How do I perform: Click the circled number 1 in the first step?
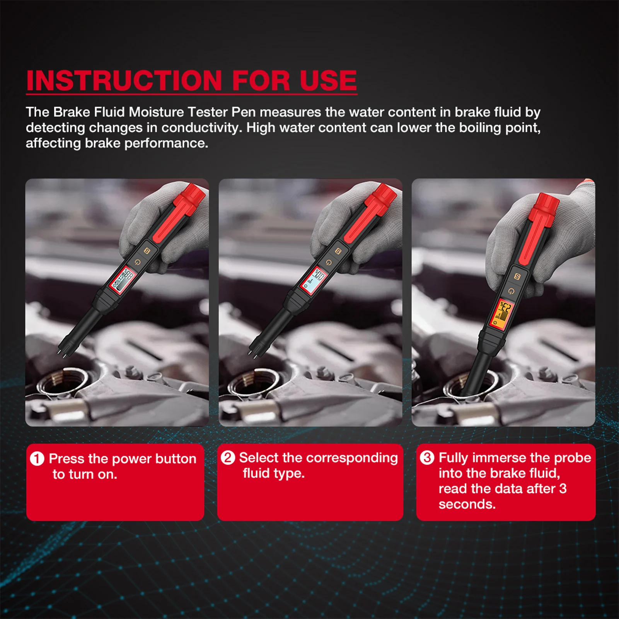pos(37,459)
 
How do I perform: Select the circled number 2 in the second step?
pos(228,458)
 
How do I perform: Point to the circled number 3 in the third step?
pos(427,458)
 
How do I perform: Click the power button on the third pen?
pos(511,291)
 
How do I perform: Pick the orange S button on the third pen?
pos(517,276)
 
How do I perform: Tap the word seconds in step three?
pos(467,504)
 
